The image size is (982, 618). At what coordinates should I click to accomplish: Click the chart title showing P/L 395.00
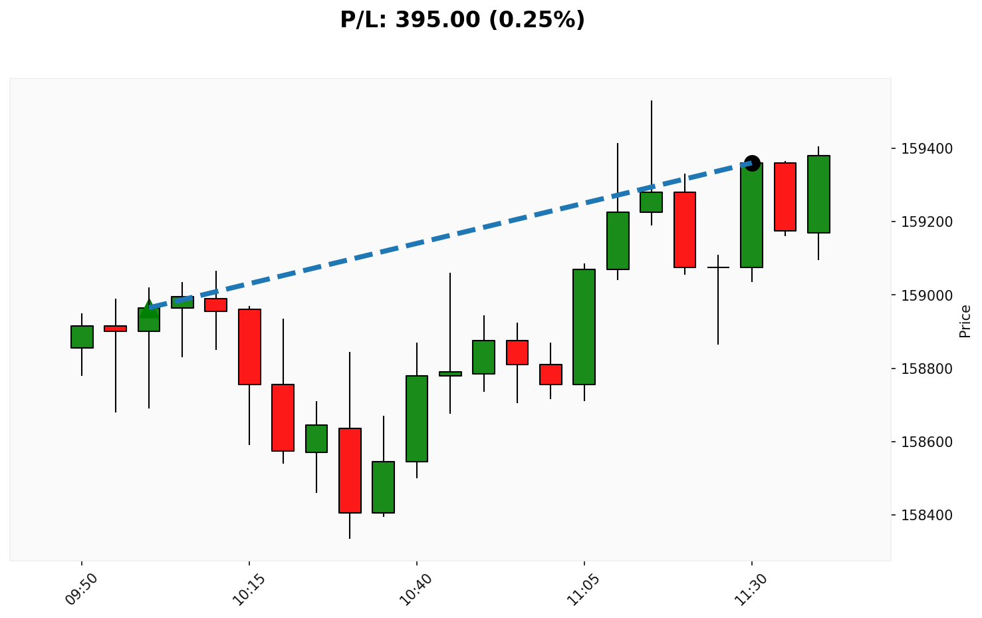(462, 20)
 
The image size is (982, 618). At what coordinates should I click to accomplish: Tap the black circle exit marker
(752, 163)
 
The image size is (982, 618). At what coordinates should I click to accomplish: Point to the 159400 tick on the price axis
(928, 148)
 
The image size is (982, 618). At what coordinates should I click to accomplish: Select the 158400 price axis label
(928, 515)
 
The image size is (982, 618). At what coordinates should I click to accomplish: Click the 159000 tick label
(928, 295)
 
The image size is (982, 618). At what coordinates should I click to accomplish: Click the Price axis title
(965, 321)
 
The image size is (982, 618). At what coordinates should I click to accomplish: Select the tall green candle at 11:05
(584, 327)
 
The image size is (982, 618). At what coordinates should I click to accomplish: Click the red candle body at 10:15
(249, 347)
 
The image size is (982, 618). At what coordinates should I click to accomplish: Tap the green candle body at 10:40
(417, 418)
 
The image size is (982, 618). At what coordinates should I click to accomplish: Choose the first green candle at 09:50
(82, 337)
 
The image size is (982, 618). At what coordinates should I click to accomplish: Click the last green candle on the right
(818, 194)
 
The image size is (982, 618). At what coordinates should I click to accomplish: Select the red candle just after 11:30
(785, 197)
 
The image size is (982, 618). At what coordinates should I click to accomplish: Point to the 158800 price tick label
(928, 369)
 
